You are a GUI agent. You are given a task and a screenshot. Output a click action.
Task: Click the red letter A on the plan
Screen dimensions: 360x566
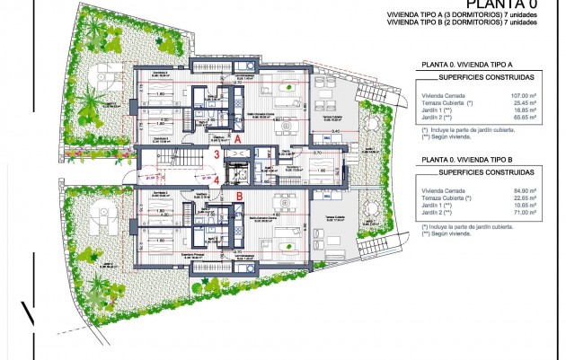[x=237, y=140]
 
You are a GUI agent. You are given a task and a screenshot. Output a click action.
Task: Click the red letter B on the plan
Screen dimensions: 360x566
[x=240, y=195]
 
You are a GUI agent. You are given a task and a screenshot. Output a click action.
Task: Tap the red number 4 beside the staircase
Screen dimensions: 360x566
[x=217, y=180]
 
